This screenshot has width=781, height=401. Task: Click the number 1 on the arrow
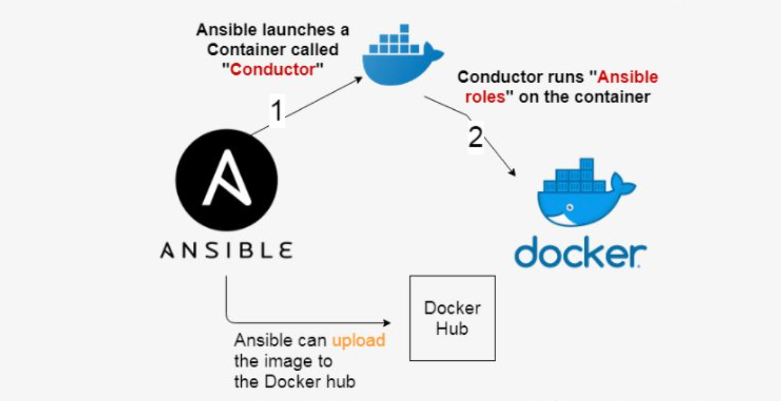[276, 111]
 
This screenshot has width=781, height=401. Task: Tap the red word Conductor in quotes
[272, 69]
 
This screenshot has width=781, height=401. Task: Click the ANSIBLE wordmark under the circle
[226, 250]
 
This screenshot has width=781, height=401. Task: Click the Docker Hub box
[452, 318]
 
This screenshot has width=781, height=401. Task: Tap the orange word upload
[358, 340]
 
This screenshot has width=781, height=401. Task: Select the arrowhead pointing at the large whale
[514, 174]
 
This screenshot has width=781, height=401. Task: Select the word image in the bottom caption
[276, 361]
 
